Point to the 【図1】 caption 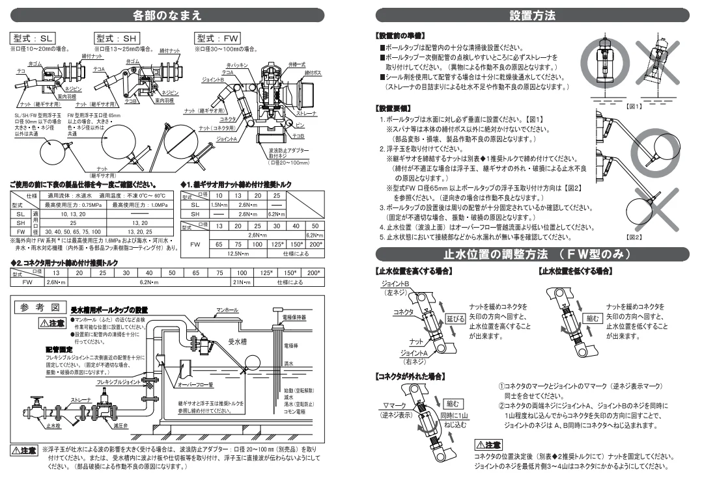click(615, 105)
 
